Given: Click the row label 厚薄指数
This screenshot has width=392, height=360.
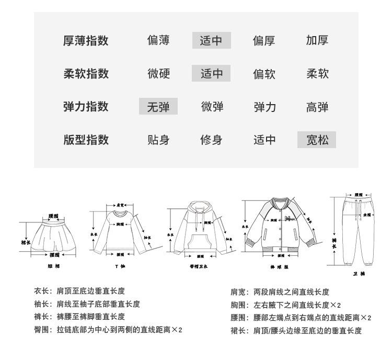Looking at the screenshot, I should tap(86, 41).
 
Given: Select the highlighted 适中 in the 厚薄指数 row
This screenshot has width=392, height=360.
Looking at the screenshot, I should tap(211, 41).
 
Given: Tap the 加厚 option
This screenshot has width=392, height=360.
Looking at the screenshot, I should tap(317, 41).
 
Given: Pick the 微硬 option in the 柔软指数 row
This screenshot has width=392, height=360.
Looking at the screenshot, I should tap(158, 74).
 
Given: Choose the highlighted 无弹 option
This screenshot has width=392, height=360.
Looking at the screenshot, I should tap(158, 107).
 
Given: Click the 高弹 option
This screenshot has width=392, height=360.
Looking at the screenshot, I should tap(317, 107).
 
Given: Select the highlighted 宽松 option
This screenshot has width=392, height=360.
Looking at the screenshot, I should tap(317, 140).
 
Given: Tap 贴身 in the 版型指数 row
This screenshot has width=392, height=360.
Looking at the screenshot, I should tap(158, 140).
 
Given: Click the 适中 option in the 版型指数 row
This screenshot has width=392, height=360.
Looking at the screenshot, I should tap(264, 140).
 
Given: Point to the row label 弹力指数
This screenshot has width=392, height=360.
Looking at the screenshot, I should tap(86, 107).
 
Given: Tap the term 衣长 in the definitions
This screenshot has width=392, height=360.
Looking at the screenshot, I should tap(42, 291).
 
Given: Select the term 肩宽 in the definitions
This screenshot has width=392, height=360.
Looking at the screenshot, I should tap(238, 292).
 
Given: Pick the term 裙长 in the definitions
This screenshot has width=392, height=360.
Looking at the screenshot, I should tap(238, 331).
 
